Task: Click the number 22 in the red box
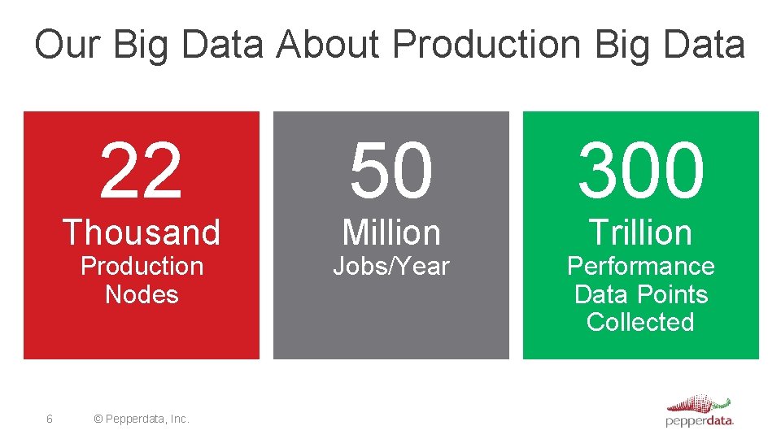tap(141, 171)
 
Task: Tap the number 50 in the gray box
tap(391, 171)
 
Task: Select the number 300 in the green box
tap(641, 171)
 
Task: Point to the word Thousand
tap(142, 233)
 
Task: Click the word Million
tap(391, 233)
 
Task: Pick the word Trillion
tap(641, 233)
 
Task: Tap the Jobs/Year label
tap(391, 266)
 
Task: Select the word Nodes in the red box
tap(142, 293)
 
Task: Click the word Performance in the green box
tap(641, 266)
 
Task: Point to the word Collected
tap(641, 322)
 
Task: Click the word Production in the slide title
tap(489, 45)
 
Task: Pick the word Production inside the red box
tap(142, 266)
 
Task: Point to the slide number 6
tap(50, 419)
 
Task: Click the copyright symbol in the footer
tap(98, 419)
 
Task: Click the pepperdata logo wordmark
tap(699, 421)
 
